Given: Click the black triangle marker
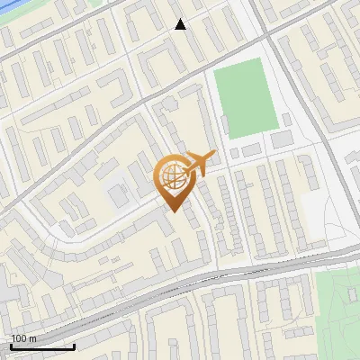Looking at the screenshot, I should coord(180,24).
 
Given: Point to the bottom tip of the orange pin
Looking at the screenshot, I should coord(172,211).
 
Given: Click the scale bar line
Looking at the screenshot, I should coord(42,346).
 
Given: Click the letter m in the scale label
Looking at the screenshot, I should coord(33,338).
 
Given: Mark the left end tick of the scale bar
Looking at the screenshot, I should coord(11,345).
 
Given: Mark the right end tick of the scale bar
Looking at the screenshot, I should coord(74,345).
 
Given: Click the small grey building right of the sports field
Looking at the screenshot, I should coord(282,140).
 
